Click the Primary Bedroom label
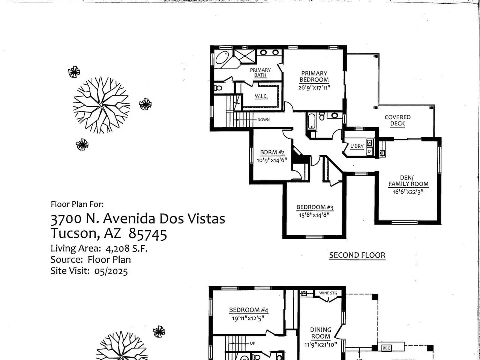(x=314, y=76)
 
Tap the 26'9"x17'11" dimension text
(x=314, y=88)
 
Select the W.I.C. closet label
(x=261, y=96)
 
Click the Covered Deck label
(x=397, y=120)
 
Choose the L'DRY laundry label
(x=357, y=146)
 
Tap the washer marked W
(x=369, y=143)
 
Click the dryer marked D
(x=369, y=151)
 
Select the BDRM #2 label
(x=272, y=152)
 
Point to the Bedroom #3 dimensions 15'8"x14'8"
(x=314, y=215)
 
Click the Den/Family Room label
(x=408, y=181)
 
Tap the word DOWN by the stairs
(x=264, y=120)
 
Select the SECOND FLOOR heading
(x=357, y=255)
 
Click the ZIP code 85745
(x=148, y=234)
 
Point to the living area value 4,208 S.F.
(x=127, y=249)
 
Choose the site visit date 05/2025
(x=111, y=271)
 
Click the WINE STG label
(x=328, y=293)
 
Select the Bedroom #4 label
(x=249, y=310)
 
